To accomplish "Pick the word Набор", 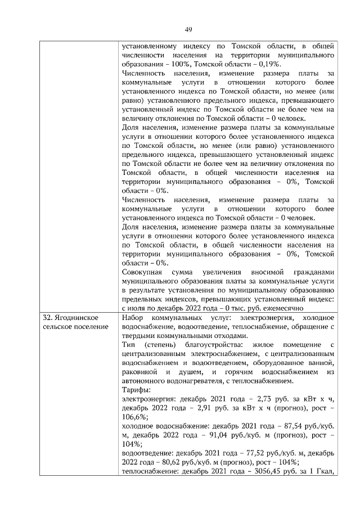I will [133, 318].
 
